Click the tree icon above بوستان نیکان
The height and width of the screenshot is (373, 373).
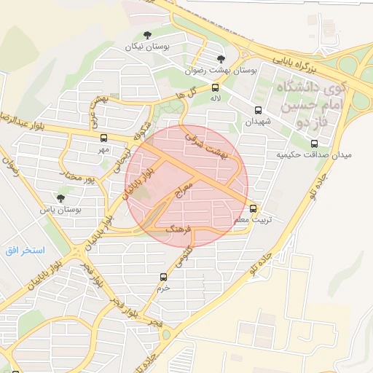click(x=147, y=34)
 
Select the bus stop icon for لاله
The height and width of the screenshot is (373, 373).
click(x=215, y=88)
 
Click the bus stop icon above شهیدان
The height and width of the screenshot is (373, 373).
click(x=258, y=111)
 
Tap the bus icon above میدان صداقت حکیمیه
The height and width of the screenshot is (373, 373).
click(x=315, y=143)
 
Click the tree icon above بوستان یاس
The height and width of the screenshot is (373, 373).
click(x=60, y=198)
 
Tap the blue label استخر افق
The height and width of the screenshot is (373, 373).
click(x=24, y=250)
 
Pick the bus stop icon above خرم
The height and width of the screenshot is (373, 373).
click(x=163, y=277)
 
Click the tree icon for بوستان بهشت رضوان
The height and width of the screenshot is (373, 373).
click(x=221, y=60)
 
